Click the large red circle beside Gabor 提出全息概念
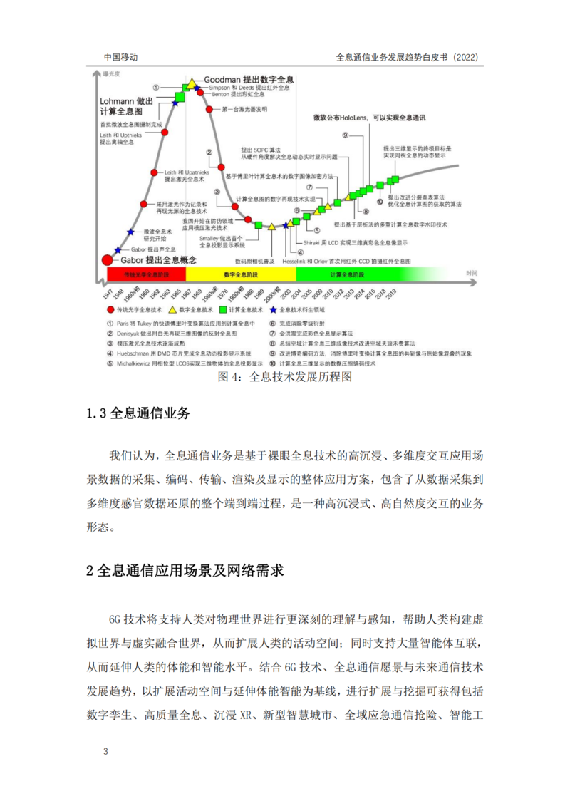(108, 261)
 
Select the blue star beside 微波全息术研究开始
(130, 232)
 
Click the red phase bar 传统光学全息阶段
(146, 274)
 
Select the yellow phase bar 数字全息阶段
(241, 274)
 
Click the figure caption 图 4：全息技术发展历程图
(285, 378)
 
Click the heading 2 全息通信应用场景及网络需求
(185, 570)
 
